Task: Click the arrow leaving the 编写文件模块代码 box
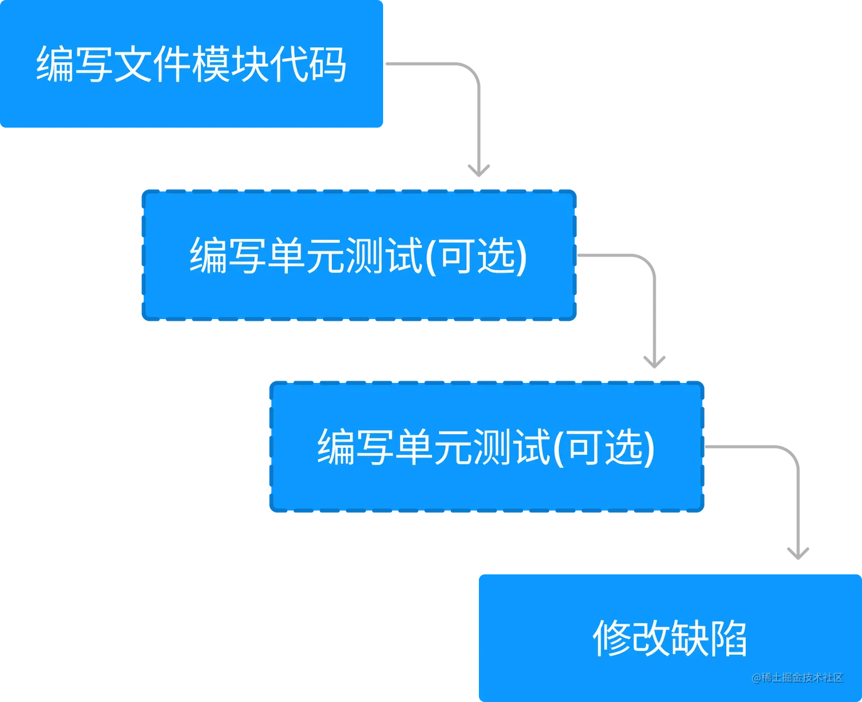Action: [x=478, y=114]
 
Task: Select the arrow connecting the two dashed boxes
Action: [x=653, y=308]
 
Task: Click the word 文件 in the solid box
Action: [x=152, y=64]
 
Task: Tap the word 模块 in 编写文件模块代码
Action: [x=230, y=64]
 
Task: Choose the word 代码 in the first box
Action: [x=308, y=64]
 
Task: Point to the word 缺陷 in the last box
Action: [x=709, y=638]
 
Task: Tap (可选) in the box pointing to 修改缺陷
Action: [x=604, y=447]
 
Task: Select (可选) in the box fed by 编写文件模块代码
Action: [x=477, y=256]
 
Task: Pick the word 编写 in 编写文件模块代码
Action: [x=75, y=64]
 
